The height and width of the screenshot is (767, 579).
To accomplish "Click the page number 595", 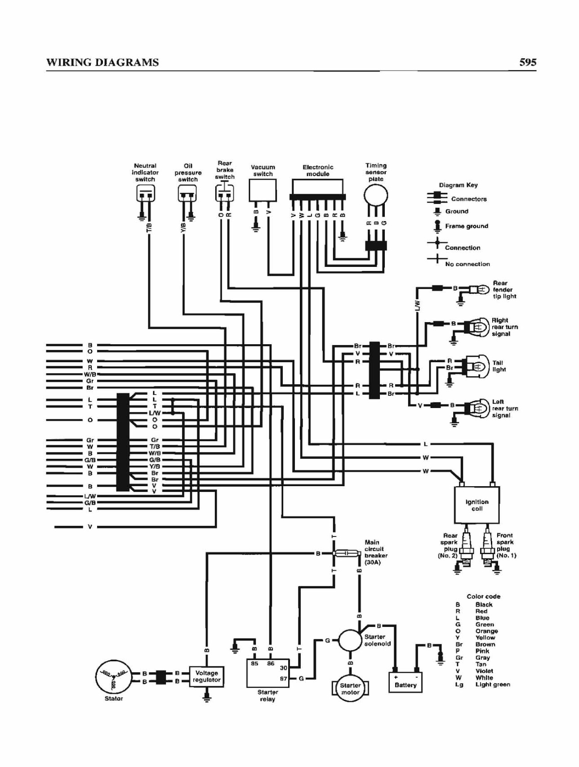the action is coord(528,62).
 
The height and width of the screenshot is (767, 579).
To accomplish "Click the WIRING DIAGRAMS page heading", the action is coord(102,62).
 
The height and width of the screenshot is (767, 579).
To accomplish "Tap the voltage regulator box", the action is coord(207,676).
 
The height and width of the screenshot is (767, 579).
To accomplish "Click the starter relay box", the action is coord(268,673).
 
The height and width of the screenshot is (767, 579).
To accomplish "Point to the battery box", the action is coord(405,682).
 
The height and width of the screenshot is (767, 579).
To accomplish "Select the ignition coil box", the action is coord(477,505).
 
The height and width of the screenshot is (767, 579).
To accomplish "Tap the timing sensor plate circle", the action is coord(376,195).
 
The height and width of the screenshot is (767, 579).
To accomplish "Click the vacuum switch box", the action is coord(263,191).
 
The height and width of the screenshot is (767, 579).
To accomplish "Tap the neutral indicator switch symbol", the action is coord(145,194).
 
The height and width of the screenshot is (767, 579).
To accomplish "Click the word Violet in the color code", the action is coord(484,671).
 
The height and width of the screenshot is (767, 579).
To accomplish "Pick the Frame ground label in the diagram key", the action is coord(467,226).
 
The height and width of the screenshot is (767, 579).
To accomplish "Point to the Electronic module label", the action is coord(318,170).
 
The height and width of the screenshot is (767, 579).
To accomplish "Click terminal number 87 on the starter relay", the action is coord(284,678).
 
